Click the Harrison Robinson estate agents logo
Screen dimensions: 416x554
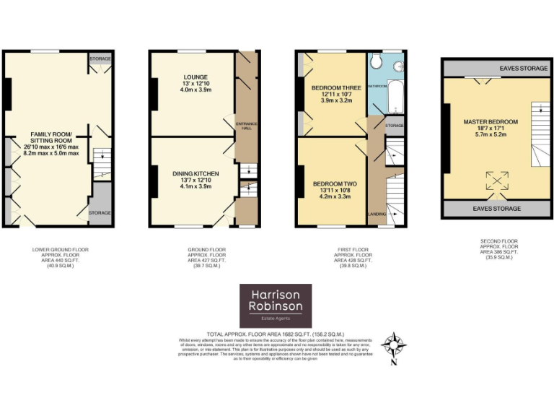coord(276,305)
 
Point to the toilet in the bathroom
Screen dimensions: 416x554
coord(374,64)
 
